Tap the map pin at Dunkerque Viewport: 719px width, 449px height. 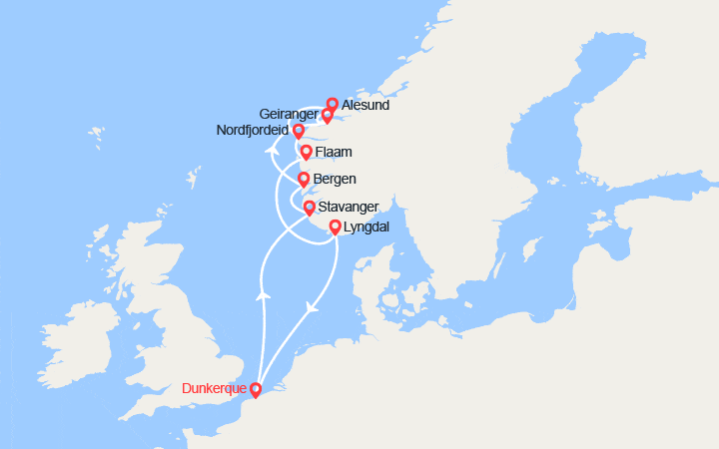(256, 390)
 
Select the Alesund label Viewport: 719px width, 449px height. (364, 105)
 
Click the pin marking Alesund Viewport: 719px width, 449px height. (333, 104)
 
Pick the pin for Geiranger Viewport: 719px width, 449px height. (327, 116)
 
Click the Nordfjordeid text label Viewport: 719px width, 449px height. (252, 130)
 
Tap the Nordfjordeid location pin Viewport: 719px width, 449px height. (298, 131)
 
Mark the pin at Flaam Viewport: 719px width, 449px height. (306, 153)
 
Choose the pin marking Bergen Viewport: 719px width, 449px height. (303, 180)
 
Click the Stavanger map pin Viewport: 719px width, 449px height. (310, 208)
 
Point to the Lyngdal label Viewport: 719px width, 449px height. (365, 227)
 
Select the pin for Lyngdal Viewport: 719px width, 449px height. (336, 227)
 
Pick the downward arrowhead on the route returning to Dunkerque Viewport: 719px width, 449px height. (312, 306)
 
